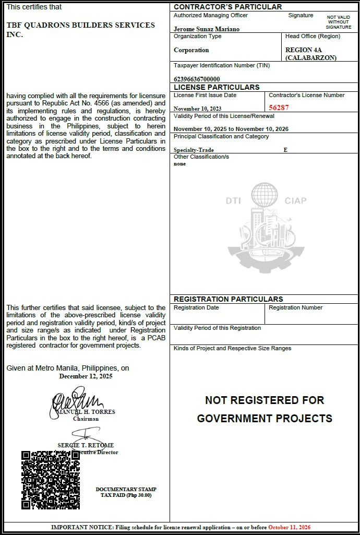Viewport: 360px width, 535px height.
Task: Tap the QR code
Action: pos(51,480)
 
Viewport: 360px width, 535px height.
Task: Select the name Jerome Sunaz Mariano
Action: pos(207,29)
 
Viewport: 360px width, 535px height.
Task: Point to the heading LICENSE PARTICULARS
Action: pos(217,87)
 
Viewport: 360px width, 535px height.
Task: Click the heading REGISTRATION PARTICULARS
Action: pos(229,299)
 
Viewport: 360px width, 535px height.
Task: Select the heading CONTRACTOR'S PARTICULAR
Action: pos(227,7)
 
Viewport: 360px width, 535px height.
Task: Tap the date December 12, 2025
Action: pos(86,376)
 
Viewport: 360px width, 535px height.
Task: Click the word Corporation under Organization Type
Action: pos(191,50)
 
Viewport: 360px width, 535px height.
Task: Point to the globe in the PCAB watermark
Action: pos(265,194)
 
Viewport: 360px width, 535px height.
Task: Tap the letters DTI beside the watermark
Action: pos(233,200)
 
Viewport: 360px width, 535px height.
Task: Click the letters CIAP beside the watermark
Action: pos(295,200)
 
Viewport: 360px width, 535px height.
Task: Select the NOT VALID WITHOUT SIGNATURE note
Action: pos(339,22)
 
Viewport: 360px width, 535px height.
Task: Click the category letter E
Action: pos(285,150)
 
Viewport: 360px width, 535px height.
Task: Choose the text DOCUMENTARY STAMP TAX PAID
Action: pos(126,492)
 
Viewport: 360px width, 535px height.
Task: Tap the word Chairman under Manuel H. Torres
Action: pos(86,419)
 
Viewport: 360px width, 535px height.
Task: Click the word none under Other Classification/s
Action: pos(179,164)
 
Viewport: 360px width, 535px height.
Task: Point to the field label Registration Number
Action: pos(296,307)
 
